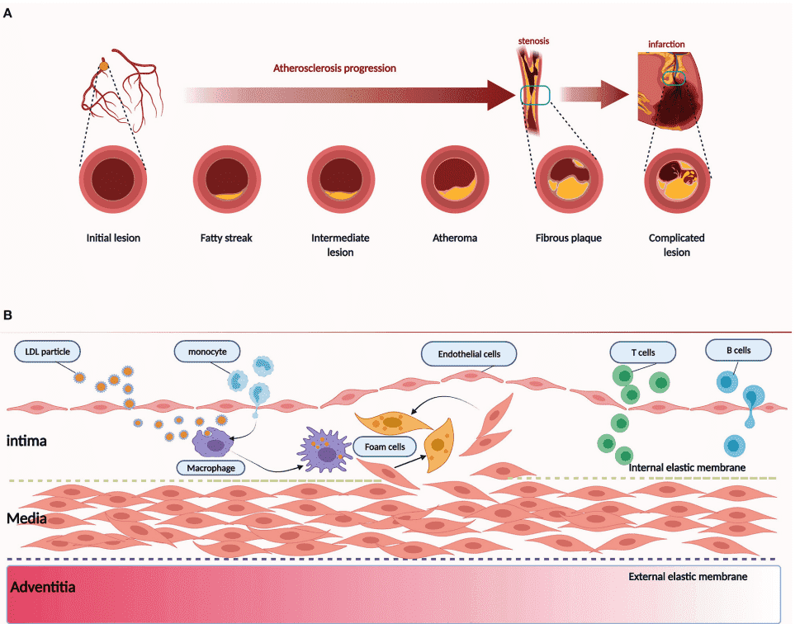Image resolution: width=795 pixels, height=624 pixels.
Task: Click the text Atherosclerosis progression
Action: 334,68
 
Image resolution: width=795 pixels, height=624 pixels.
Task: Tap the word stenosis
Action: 533,40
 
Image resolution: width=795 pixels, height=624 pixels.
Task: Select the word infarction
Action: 667,45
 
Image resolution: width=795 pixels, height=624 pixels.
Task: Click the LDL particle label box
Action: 48,352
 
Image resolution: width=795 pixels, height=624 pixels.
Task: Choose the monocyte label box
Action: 206,352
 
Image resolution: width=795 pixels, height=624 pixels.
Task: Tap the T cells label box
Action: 642,352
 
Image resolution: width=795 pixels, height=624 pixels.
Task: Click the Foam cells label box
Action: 385,447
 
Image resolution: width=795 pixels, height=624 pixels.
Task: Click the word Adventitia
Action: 43,588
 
